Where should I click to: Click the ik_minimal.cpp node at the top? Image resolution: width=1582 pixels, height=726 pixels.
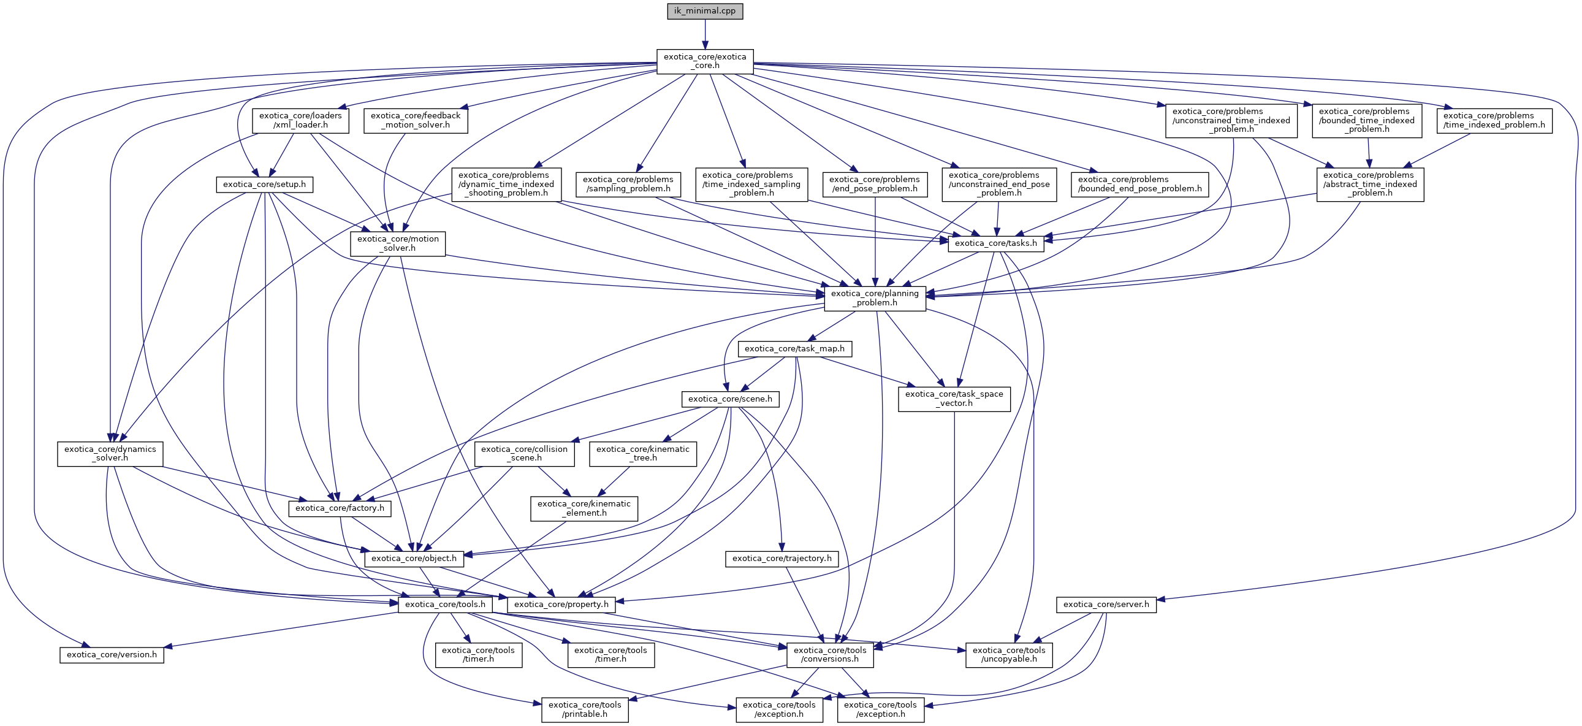pos(705,11)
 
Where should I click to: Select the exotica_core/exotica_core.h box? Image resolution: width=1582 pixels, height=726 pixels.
pos(705,61)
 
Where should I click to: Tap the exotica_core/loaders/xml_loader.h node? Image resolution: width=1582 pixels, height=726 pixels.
pos(300,120)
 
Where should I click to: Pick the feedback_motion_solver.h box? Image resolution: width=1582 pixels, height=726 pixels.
pos(416,120)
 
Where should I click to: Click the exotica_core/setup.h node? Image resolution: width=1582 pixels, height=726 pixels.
pos(265,185)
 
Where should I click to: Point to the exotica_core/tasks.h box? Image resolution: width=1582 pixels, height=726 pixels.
pos(996,243)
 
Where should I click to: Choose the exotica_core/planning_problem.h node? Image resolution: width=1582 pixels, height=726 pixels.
pos(875,298)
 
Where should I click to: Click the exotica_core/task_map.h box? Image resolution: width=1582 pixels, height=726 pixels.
pos(795,349)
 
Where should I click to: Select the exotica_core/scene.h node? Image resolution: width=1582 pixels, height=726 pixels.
pos(730,399)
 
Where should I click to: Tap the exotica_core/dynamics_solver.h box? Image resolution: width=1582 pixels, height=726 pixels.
pos(110,454)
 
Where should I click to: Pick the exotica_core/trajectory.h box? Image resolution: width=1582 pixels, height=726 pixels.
pos(781,559)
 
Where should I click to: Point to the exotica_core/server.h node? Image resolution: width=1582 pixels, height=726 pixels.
pos(1106,605)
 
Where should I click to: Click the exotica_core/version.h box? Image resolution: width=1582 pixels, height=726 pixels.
pos(112,655)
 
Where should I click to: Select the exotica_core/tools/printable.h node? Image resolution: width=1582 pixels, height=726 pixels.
pos(585,709)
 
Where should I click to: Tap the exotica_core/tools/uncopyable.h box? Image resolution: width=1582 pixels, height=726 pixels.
pos(1009,655)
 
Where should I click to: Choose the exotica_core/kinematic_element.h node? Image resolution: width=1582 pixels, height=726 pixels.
pos(584,508)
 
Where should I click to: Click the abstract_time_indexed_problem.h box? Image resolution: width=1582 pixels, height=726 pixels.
pos(1370,185)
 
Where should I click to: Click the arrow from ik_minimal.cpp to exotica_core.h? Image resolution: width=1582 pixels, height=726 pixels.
pos(705,34)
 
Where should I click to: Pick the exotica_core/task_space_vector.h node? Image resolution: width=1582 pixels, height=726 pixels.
pos(954,399)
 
